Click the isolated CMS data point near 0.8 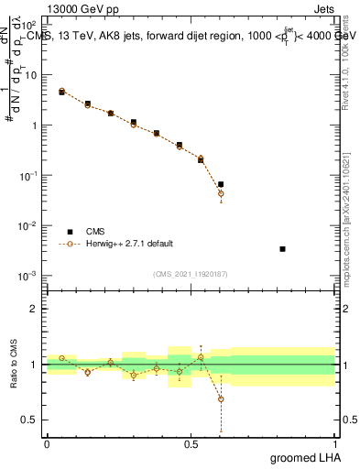click(x=282, y=249)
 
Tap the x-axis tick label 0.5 click(x=191, y=443)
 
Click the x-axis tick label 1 click(x=334, y=443)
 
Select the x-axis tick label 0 click(x=47, y=443)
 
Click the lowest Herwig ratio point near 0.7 click(x=221, y=398)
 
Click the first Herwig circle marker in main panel click(x=61, y=91)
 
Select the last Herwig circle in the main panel click(x=221, y=193)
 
